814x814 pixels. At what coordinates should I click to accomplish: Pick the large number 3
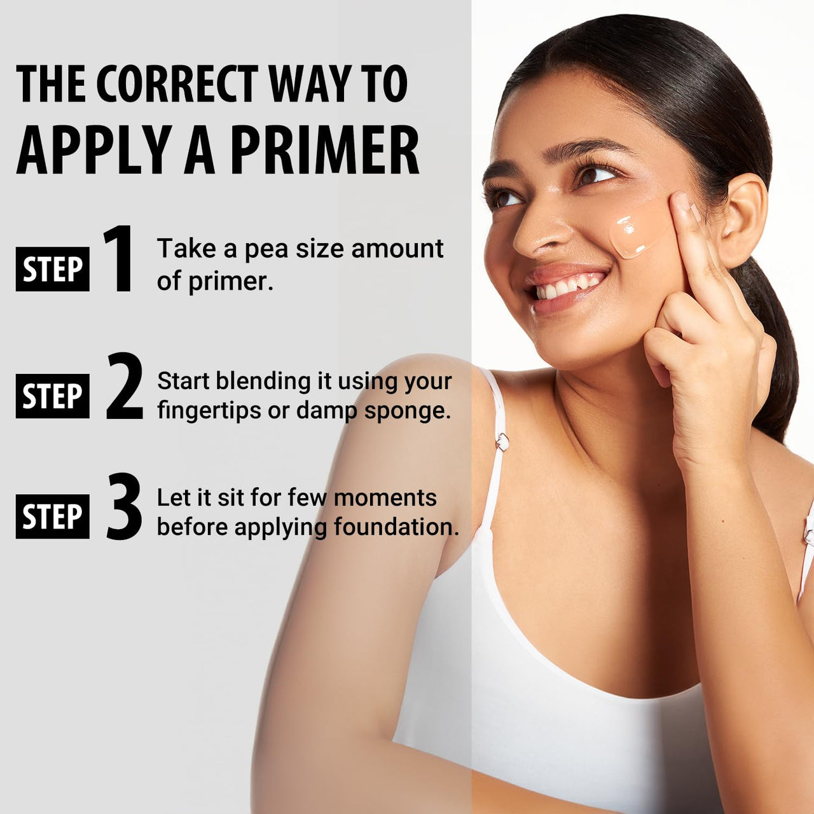pyautogui.click(x=124, y=506)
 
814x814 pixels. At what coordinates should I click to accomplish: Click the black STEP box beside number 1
pyautogui.click(x=53, y=269)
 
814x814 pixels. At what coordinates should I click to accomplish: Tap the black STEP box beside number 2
pyautogui.click(x=53, y=396)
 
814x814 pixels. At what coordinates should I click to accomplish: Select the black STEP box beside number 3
pyautogui.click(x=53, y=516)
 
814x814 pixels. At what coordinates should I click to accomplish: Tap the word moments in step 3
pyautogui.click(x=385, y=497)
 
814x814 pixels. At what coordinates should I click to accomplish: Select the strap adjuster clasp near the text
pyautogui.click(x=502, y=441)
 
